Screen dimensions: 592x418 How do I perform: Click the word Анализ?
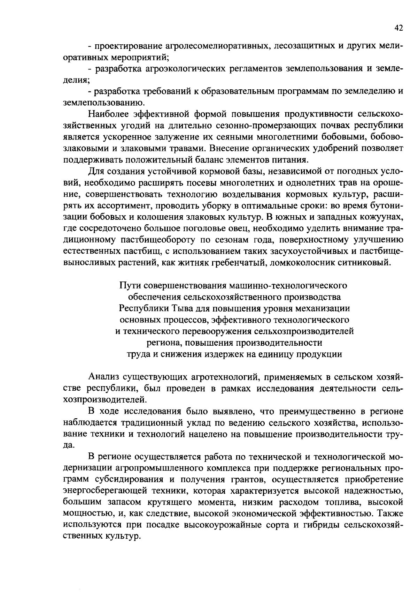click(x=103, y=377)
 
